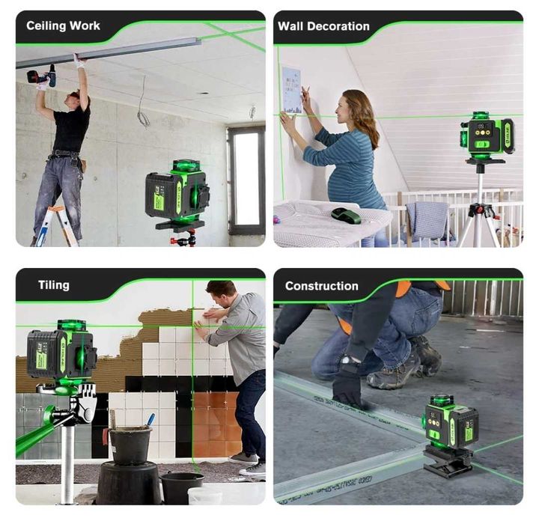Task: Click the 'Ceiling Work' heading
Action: tap(63, 26)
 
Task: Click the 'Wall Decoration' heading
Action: tap(323, 26)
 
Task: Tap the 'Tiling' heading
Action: tap(54, 285)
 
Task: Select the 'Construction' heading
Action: tap(321, 286)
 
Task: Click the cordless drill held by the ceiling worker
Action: tap(42, 75)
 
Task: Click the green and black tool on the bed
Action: tap(346, 216)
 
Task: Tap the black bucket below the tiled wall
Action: tap(130, 445)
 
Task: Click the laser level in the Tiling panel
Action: tap(61, 352)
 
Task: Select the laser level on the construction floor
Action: tap(450, 423)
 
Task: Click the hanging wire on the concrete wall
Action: tap(141, 109)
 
